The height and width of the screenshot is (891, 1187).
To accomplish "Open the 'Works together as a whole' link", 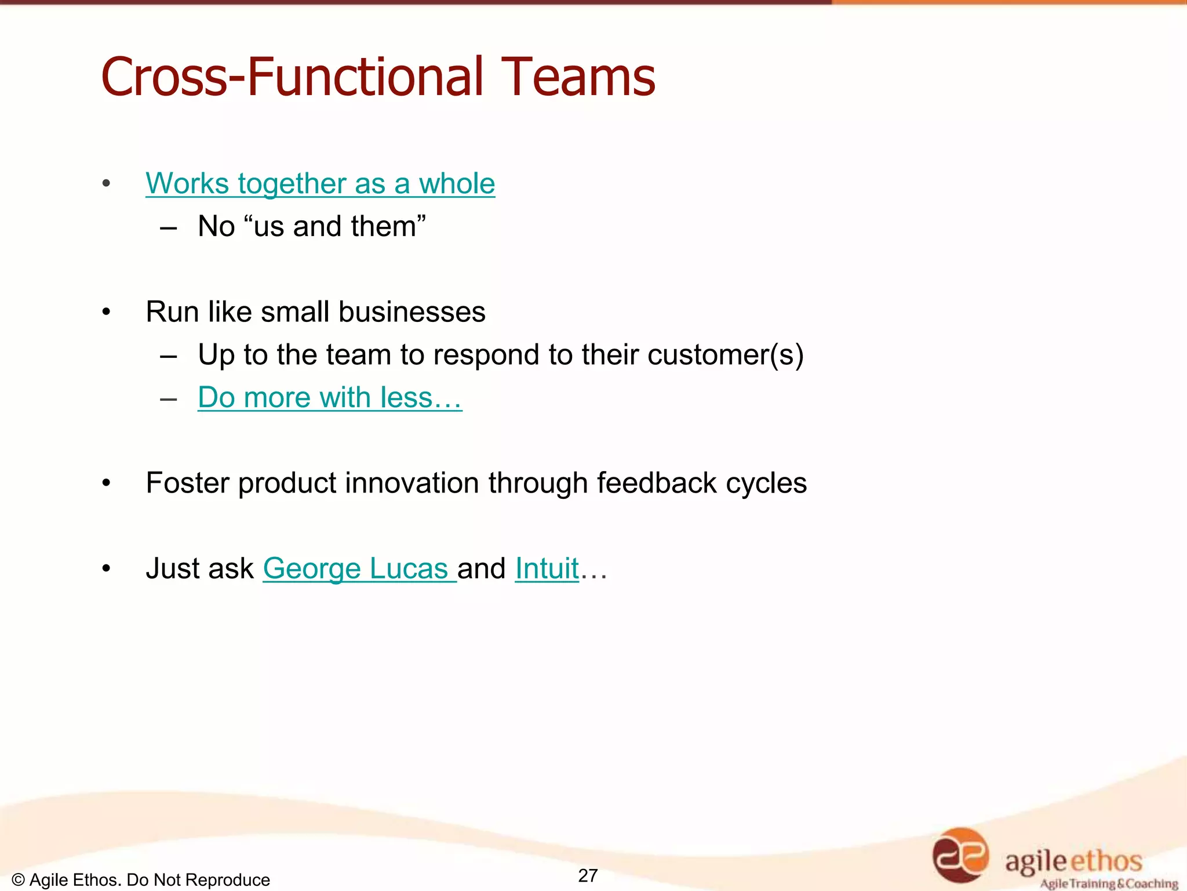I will (x=320, y=184).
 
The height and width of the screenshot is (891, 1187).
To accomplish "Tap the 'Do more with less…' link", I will (x=330, y=398).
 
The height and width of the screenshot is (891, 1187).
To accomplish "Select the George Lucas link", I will (x=359, y=568).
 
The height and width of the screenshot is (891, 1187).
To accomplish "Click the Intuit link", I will (x=547, y=568).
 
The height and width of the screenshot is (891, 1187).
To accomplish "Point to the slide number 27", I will (x=588, y=875).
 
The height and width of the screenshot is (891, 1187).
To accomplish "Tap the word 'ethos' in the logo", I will (x=1106, y=861).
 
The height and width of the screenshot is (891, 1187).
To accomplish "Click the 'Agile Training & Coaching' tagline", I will (x=1109, y=883).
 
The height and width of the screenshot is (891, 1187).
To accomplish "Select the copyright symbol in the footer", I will (x=18, y=880).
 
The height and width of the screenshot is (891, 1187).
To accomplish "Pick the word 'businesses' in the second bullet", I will (x=412, y=312).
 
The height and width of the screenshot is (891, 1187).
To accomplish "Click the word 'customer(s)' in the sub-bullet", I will (x=725, y=355).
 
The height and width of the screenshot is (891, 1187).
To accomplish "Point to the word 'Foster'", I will (x=187, y=483).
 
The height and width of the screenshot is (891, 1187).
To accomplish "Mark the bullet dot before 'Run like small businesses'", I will (x=106, y=313).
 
